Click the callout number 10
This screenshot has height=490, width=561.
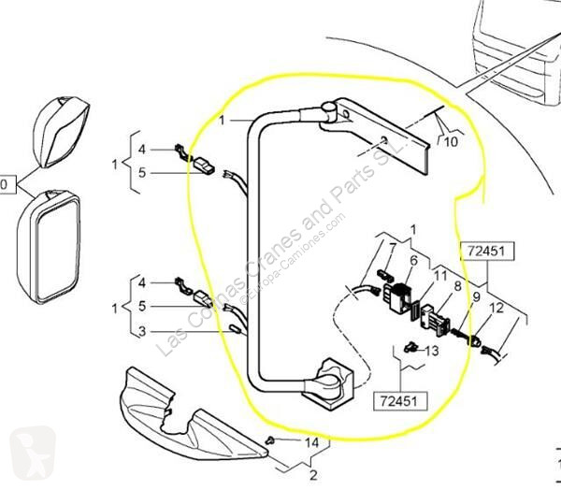[x=452, y=143]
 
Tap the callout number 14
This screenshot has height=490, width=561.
[x=311, y=441]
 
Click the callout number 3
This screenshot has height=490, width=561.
[x=141, y=330]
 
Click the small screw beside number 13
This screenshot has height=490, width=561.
[x=410, y=351]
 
